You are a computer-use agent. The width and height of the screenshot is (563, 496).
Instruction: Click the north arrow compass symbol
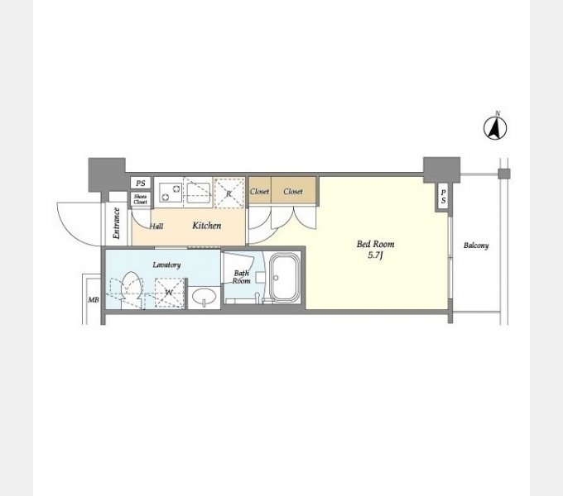click(495, 127)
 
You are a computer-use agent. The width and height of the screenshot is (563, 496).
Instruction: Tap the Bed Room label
click(375, 244)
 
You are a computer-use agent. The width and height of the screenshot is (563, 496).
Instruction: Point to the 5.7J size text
click(375, 255)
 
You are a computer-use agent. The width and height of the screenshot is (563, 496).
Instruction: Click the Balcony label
click(476, 246)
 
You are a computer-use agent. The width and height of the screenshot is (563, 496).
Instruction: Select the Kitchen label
click(207, 226)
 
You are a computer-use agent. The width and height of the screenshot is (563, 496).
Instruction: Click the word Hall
click(156, 227)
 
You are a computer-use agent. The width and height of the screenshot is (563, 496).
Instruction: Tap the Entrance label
click(116, 223)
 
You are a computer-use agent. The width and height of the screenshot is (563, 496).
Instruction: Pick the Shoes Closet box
click(141, 199)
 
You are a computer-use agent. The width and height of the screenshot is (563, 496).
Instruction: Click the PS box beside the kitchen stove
click(141, 184)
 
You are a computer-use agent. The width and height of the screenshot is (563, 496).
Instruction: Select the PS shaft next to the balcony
click(444, 197)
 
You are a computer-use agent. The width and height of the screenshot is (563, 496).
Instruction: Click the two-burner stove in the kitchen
click(171, 192)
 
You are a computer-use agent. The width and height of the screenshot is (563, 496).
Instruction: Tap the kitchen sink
click(199, 193)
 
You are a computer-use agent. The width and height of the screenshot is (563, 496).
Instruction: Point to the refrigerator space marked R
click(229, 193)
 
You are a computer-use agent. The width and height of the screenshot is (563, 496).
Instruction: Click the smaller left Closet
click(260, 191)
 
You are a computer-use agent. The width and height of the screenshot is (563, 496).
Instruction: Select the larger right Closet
click(293, 191)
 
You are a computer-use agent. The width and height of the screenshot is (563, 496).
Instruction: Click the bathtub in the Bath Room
click(284, 278)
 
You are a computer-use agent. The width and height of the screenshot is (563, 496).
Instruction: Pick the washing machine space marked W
click(169, 293)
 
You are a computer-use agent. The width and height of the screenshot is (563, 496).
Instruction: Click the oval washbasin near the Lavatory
click(204, 297)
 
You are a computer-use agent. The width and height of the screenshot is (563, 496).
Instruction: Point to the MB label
click(94, 299)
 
